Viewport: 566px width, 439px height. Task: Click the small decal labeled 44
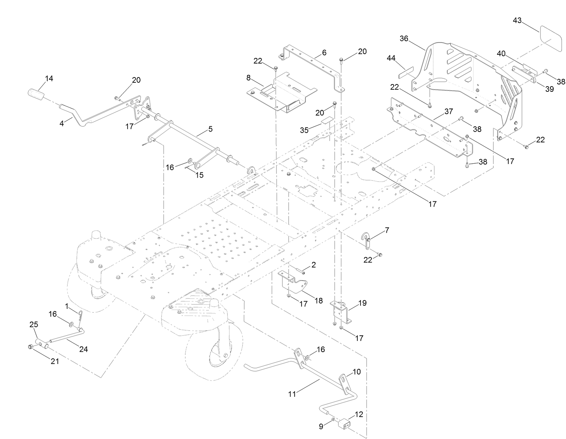pos(406,73)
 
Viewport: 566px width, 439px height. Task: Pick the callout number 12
pos(359,414)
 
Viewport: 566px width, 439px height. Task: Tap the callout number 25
pos(33,325)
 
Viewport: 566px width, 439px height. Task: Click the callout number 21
pos(55,361)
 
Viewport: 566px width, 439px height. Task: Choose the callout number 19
pos(362,303)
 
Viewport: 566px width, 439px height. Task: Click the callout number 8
pos(248,77)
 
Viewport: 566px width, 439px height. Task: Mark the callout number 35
pos(304,130)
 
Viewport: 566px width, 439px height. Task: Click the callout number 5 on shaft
pos(210,129)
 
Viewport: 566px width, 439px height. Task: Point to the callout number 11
pos(292,394)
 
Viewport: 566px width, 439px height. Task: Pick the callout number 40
pos(501,53)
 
